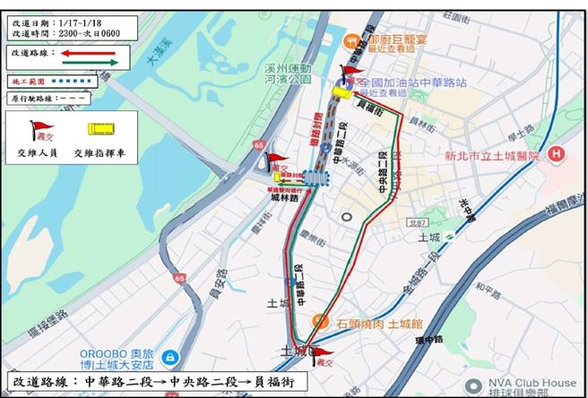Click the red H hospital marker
click(557, 153)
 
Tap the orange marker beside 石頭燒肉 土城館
click(316, 321)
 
